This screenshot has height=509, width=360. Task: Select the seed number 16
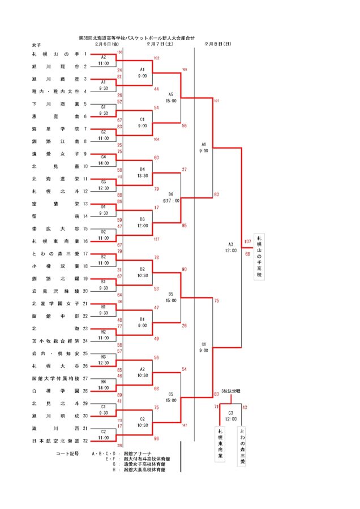[x=85, y=241]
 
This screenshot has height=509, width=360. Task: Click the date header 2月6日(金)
[x=107, y=44]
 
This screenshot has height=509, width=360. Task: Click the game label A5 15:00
[x=171, y=97]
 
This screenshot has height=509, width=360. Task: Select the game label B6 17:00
[x=171, y=197]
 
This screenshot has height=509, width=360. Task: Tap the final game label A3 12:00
[x=230, y=247]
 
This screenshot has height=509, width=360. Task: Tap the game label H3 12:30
[x=104, y=360]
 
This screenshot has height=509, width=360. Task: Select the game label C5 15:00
[x=171, y=396]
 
